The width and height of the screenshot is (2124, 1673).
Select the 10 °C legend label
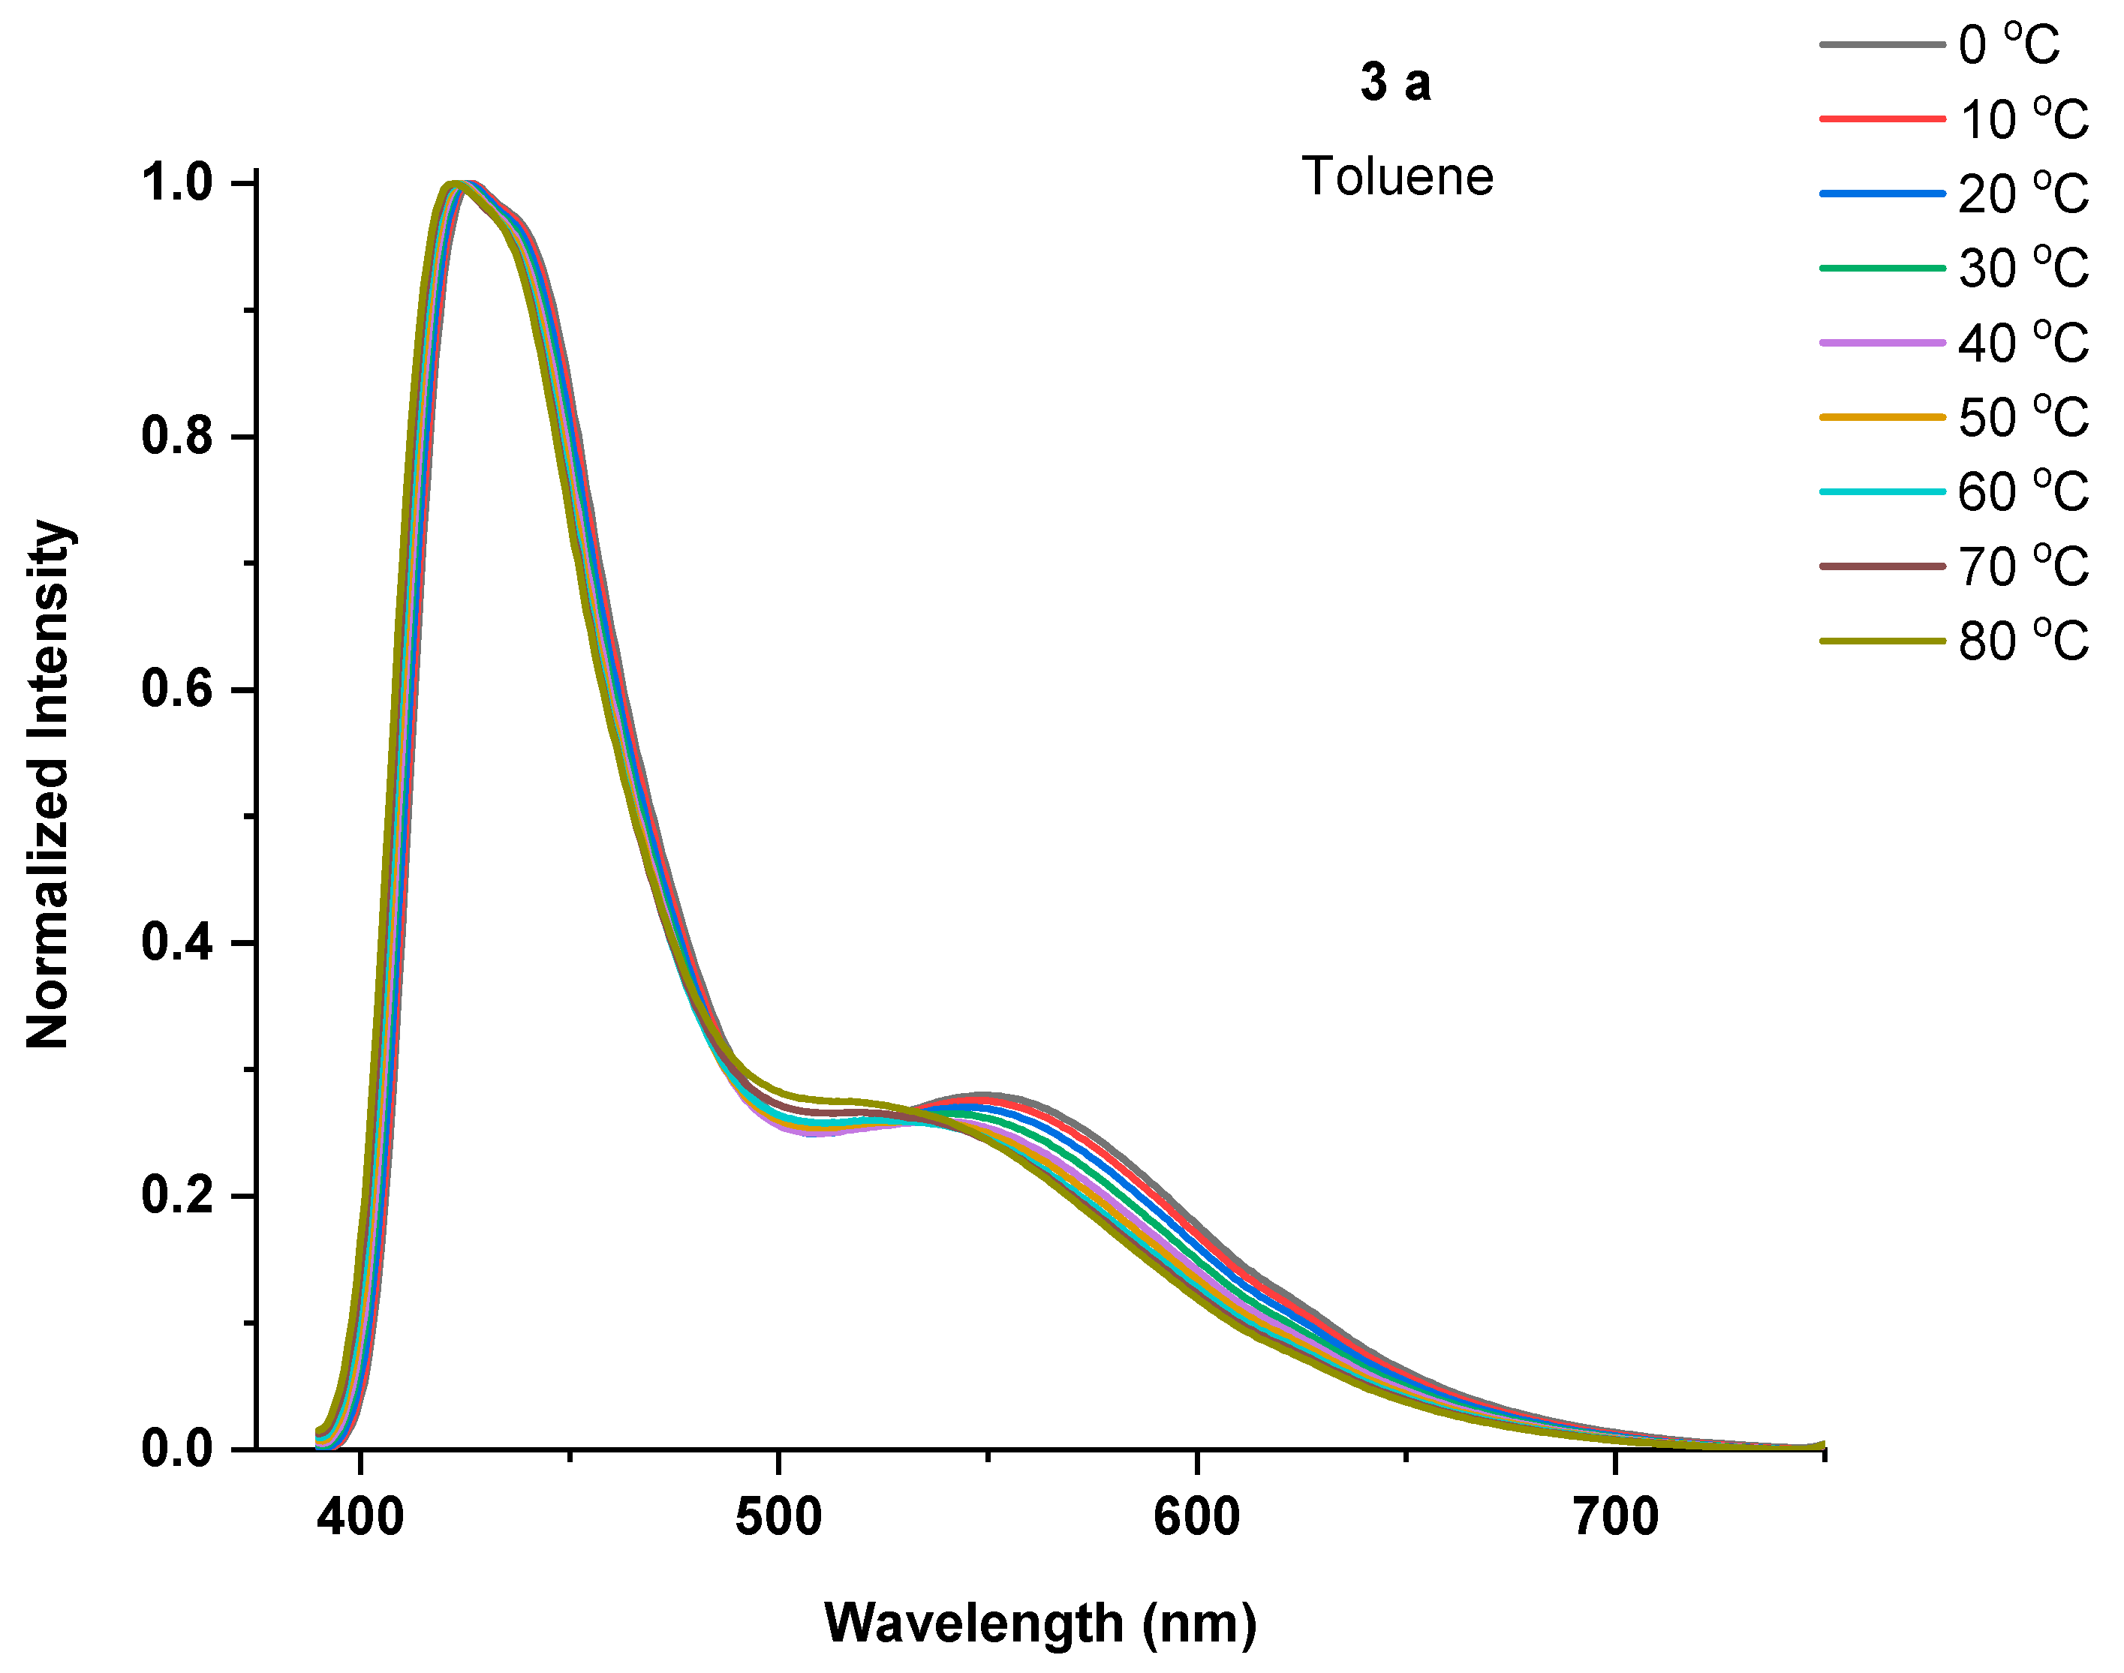click(x=2023, y=119)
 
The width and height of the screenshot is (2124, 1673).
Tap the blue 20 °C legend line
click(x=1881, y=194)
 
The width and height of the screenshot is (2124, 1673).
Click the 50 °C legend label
click(x=2023, y=417)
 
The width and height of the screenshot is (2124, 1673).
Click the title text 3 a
click(x=1395, y=83)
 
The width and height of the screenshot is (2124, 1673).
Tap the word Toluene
click(x=1397, y=177)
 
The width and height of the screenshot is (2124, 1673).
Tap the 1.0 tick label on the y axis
click(x=177, y=183)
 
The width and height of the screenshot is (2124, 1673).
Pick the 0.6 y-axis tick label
click(x=177, y=689)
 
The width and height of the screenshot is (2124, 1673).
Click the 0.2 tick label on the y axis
click(x=177, y=1196)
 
